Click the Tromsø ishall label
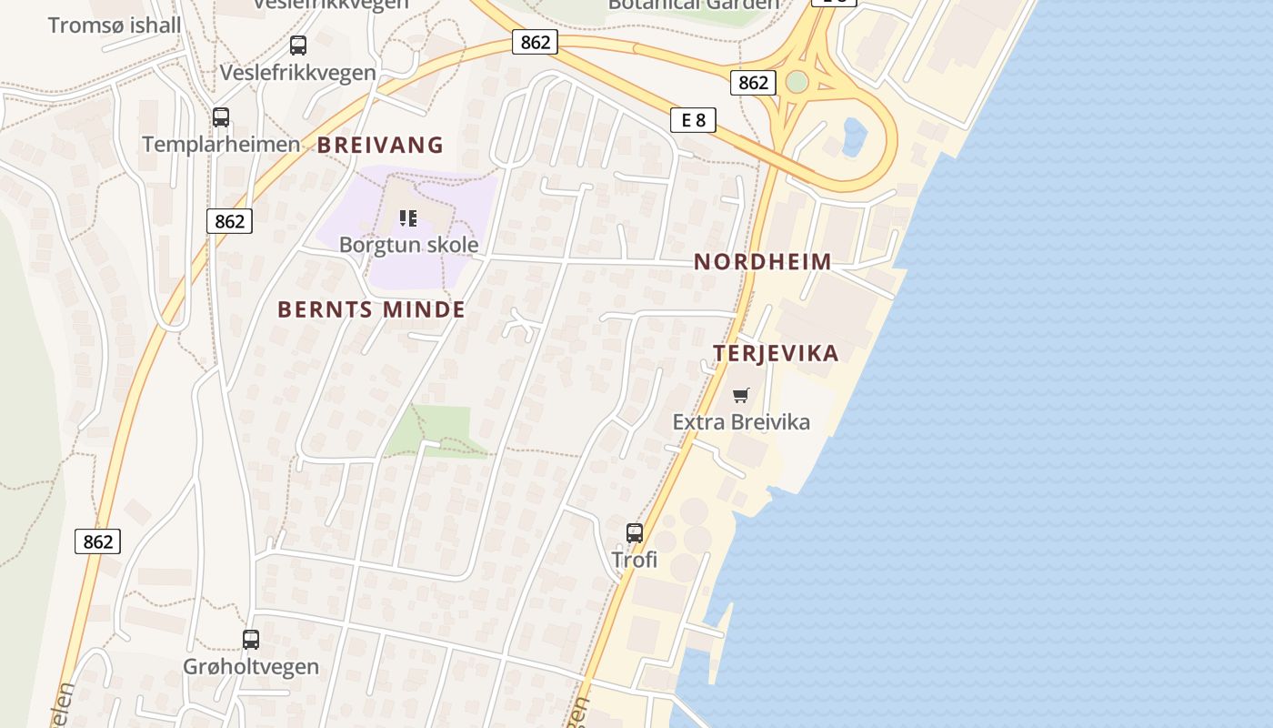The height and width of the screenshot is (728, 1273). pos(115,25)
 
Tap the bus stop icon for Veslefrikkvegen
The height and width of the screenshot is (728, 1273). pos(297,45)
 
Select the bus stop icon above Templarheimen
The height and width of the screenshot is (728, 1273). pos(220,116)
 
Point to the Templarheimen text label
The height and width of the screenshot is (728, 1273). pos(221,144)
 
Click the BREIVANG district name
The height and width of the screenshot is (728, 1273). pos(380,145)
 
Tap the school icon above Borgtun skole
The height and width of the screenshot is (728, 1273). pos(408,218)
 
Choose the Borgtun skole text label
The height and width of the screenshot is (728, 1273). pos(408,244)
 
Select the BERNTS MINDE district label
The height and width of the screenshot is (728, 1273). pos(371,309)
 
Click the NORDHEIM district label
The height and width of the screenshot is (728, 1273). pos(763,262)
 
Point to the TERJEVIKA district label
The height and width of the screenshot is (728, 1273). pos(776,353)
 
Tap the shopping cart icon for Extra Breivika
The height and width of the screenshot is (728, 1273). pos(741,395)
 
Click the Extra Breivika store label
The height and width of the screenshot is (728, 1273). pos(741,421)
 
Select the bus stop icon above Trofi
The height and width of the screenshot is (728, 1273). pos(635,533)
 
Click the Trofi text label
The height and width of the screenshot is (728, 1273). pos(635,559)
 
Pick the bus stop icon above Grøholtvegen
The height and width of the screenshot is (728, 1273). pos(251,640)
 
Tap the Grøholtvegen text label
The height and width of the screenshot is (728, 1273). pos(251,666)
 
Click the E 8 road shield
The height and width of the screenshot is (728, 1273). pos(693,119)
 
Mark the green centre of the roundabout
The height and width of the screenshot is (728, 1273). pos(797,82)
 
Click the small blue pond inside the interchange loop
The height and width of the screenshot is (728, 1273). pos(854,137)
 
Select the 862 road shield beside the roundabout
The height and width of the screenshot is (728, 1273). pos(753,83)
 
